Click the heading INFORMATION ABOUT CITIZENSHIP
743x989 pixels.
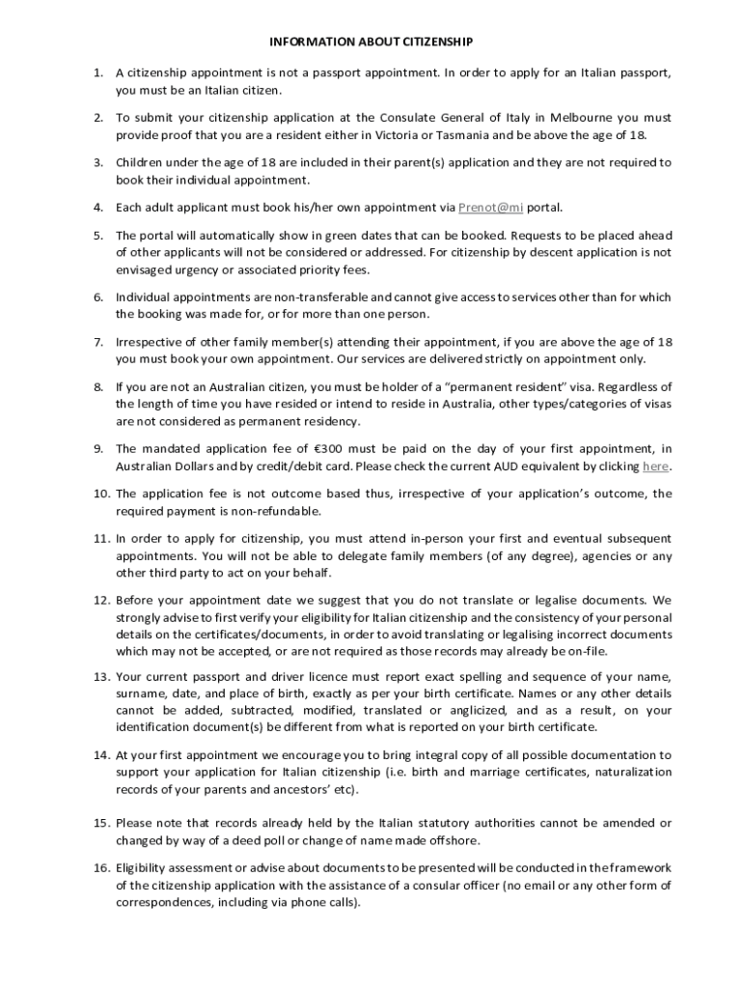coord(371,42)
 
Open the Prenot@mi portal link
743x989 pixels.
coord(491,207)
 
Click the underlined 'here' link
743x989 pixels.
coord(655,466)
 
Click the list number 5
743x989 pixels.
coord(98,235)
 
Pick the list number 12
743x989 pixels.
coord(101,600)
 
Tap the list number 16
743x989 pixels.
coord(101,867)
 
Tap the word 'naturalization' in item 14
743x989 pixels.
coord(633,773)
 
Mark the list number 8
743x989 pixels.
coord(98,386)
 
